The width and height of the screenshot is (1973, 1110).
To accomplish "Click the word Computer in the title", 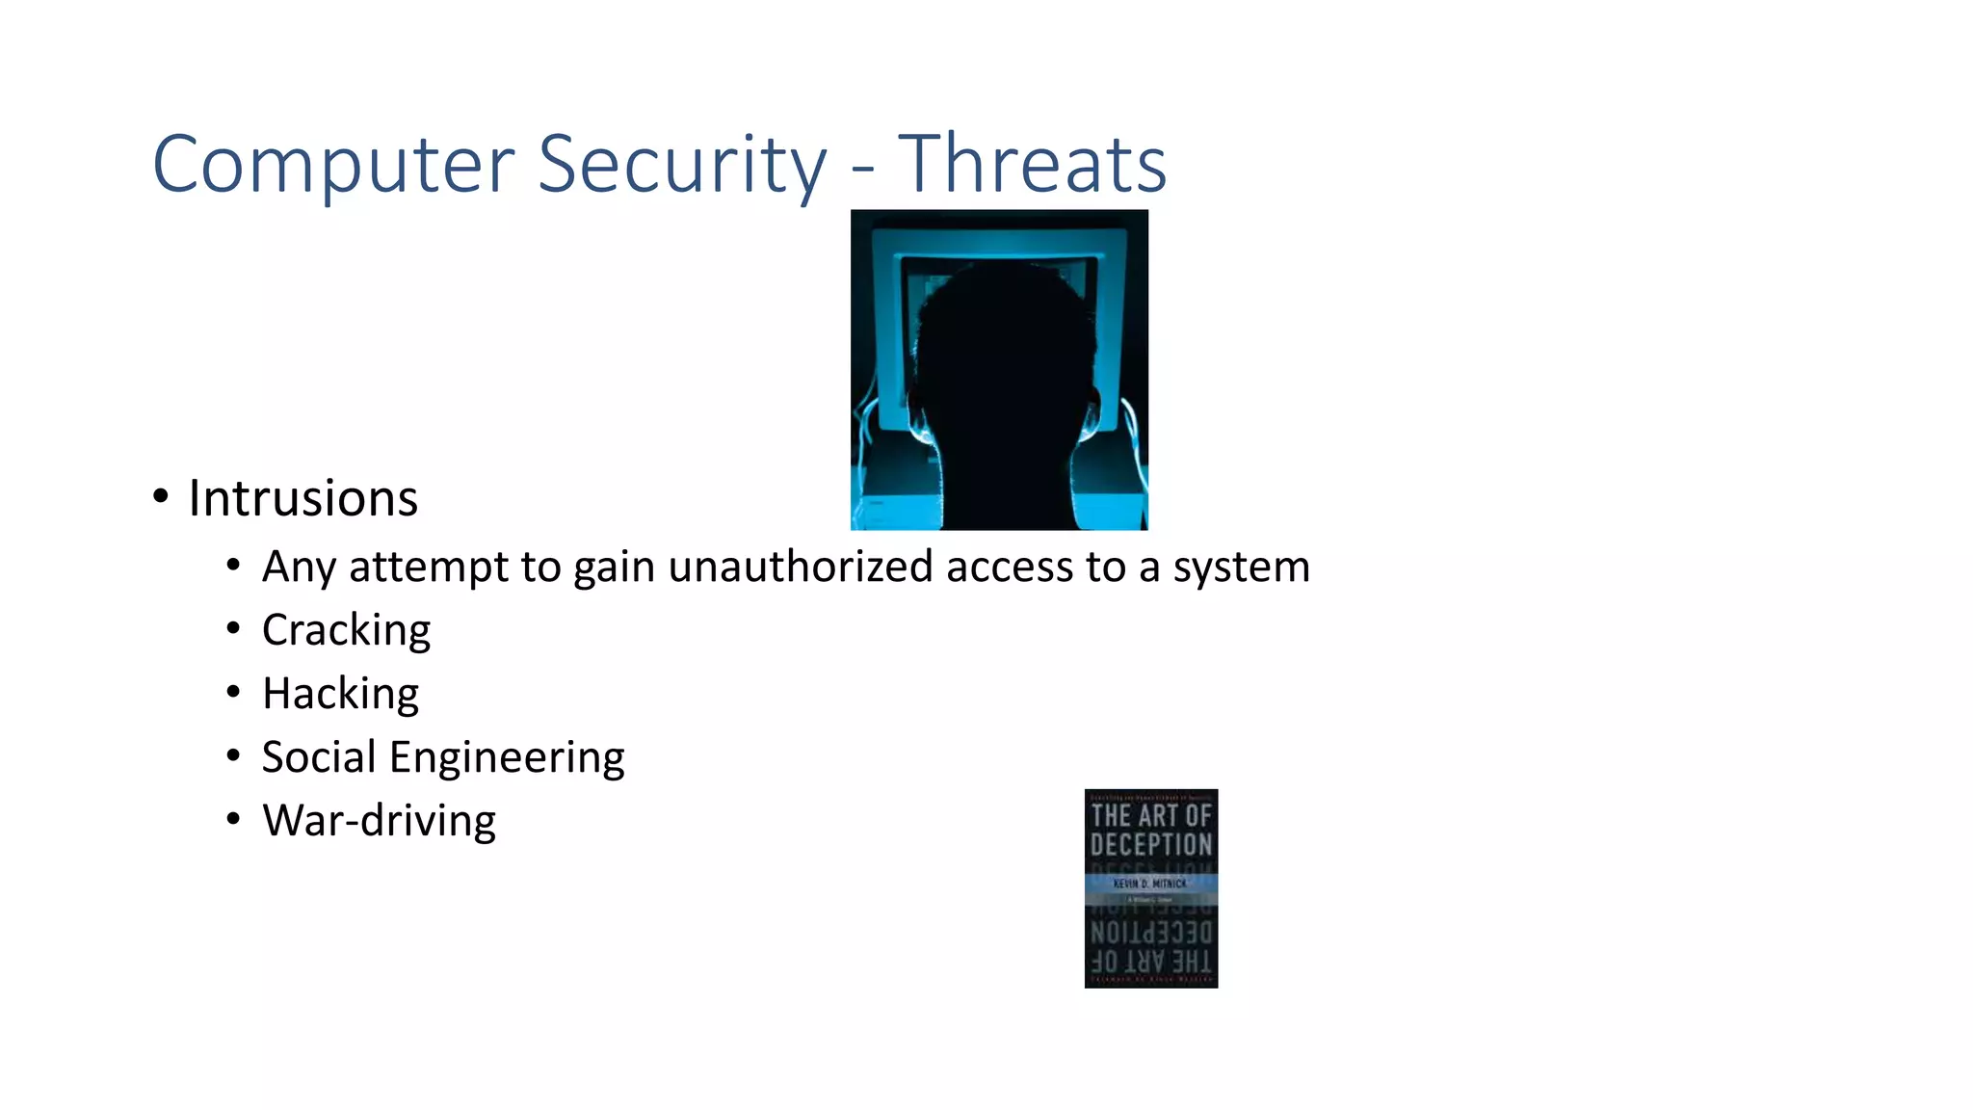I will click(x=333, y=165).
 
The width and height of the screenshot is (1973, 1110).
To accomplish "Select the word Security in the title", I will click(x=682, y=165).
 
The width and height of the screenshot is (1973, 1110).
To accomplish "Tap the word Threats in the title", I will click(x=1033, y=165).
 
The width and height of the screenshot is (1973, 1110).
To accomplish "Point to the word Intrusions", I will click(x=303, y=499).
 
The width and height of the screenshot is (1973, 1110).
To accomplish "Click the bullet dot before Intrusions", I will click(x=161, y=497).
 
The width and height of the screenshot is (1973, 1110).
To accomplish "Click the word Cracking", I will click(x=346, y=631).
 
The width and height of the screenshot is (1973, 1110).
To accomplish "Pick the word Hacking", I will click(x=340, y=694).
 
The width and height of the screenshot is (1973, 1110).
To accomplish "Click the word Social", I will click(x=319, y=757).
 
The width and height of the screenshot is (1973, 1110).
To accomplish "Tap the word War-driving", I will click(x=379, y=821).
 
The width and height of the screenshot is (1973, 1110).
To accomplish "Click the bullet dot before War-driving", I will click(x=233, y=820).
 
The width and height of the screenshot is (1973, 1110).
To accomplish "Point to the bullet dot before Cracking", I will click(x=233, y=629).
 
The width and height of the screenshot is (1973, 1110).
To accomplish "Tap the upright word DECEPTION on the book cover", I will click(x=1151, y=845).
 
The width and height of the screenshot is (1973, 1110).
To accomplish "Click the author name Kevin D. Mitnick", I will click(x=1150, y=884).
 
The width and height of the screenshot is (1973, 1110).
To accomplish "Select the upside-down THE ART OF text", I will click(x=1151, y=961).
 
